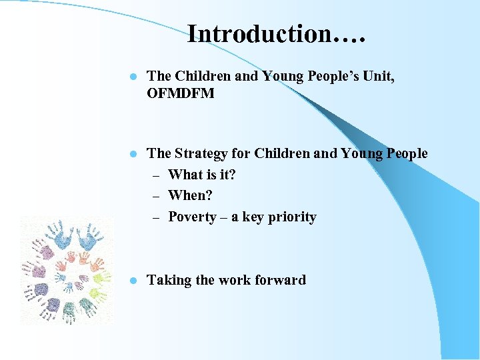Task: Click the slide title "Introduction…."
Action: coord(277,33)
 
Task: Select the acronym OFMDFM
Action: coord(181,93)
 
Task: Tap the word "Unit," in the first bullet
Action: coord(377,76)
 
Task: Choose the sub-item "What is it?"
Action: coord(202,175)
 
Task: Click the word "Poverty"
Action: coord(192,217)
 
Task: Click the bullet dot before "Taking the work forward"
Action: coord(133,281)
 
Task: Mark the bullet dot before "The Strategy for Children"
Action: coord(133,154)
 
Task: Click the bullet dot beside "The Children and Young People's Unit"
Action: coord(133,77)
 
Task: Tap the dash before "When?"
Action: coord(155,196)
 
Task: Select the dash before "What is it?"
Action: coord(155,175)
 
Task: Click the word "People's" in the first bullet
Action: coord(327,76)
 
